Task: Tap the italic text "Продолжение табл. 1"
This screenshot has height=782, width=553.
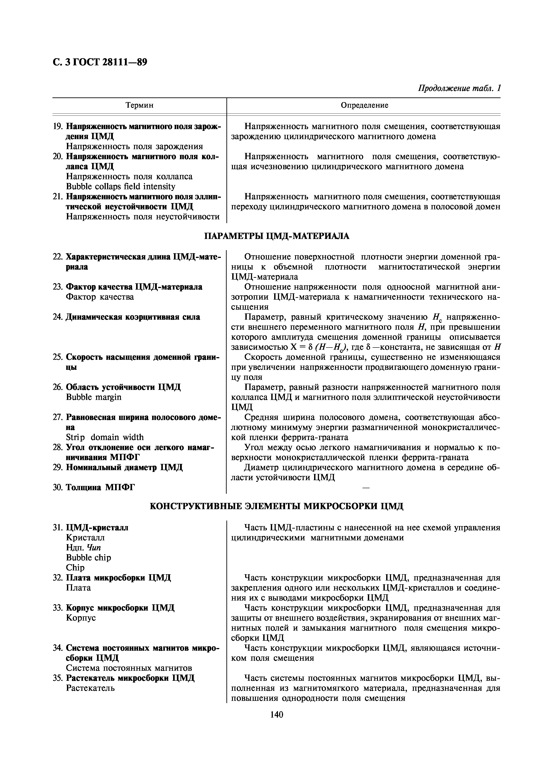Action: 459,88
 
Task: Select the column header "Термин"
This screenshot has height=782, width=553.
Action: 139,105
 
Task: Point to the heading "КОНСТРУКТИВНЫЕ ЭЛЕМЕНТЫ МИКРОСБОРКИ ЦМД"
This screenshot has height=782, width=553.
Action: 276,506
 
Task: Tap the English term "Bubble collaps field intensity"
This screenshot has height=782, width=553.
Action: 121,187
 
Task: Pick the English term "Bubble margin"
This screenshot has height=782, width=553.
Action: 93,397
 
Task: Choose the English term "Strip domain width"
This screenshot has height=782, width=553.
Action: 105,437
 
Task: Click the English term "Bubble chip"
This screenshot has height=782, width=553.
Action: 88,558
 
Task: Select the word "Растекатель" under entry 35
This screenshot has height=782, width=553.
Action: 90,688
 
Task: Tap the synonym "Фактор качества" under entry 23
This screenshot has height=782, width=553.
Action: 100,297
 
